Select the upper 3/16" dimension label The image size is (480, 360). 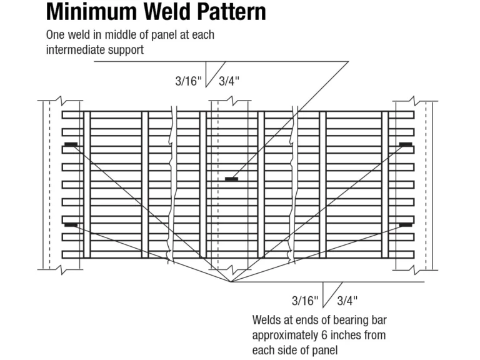click(x=189, y=81)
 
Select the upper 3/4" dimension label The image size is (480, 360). click(x=229, y=81)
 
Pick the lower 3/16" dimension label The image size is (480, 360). click(x=305, y=301)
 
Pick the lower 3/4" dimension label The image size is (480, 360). click(x=347, y=301)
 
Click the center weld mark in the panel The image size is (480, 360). click(x=231, y=179)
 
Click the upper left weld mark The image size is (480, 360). click(x=71, y=144)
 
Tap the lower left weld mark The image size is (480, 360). click(x=71, y=224)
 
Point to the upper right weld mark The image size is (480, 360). click(x=406, y=144)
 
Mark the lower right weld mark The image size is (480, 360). click(x=406, y=224)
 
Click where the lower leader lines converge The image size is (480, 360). click(x=231, y=282)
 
